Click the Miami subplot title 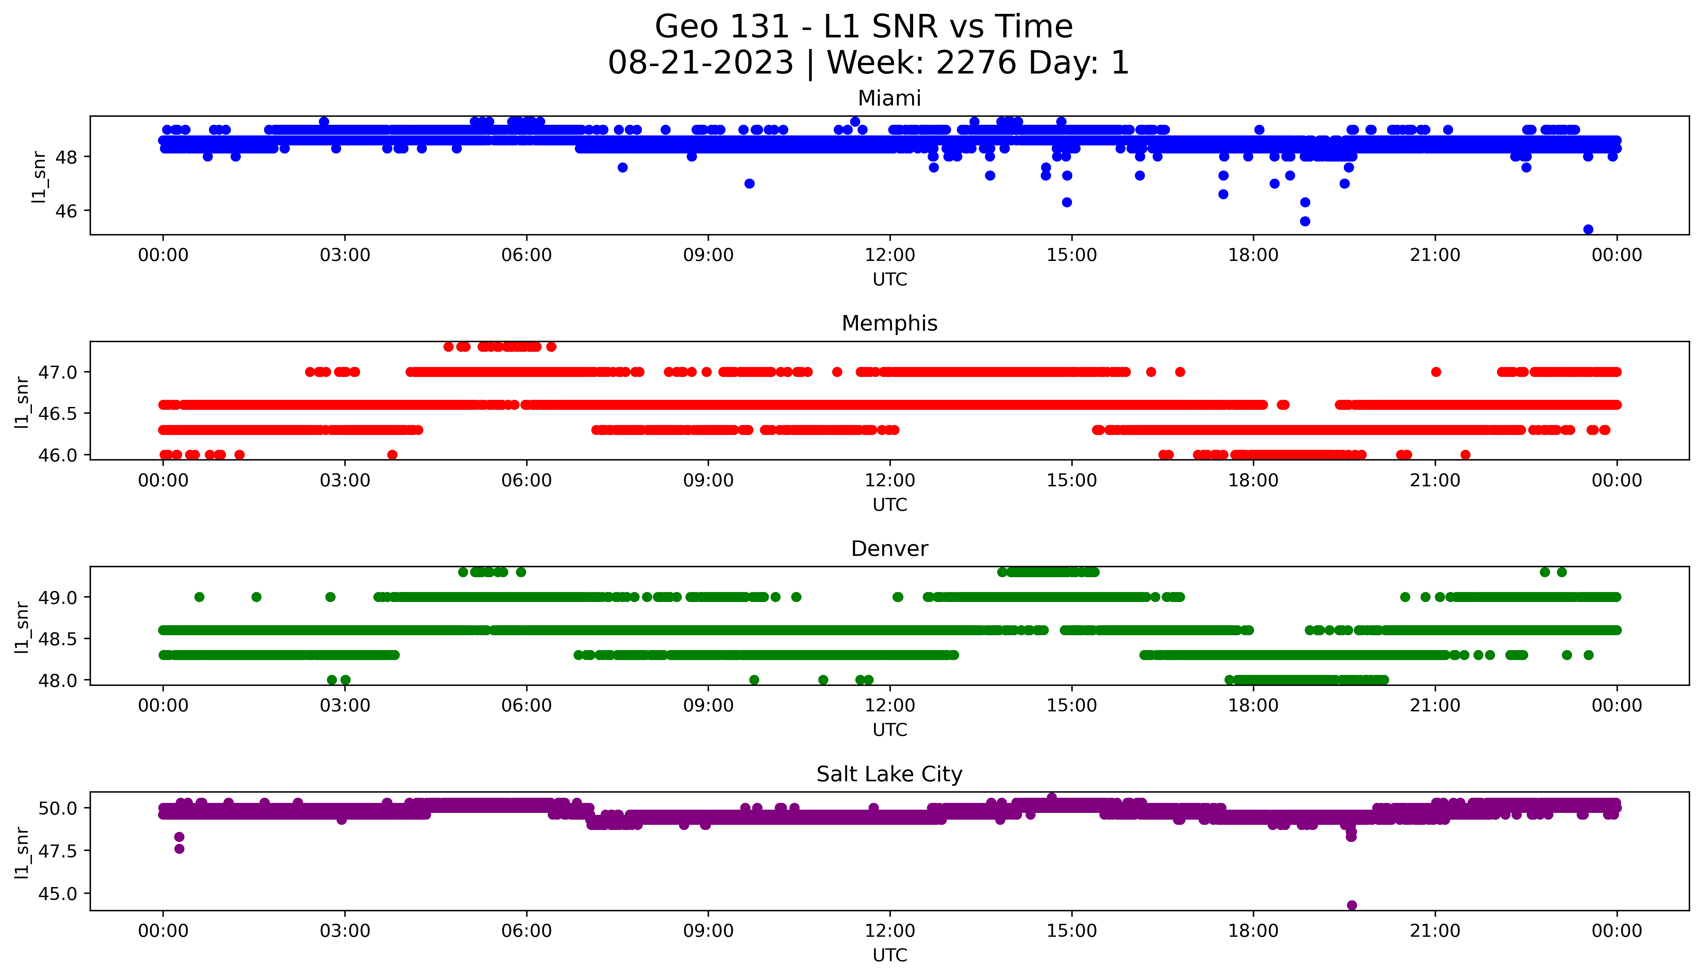coord(889,99)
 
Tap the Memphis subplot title coord(889,324)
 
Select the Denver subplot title coord(889,549)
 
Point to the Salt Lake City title coord(889,775)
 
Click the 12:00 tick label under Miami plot coord(890,255)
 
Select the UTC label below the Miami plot coord(890,280)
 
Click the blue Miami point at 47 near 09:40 coord(749,183)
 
